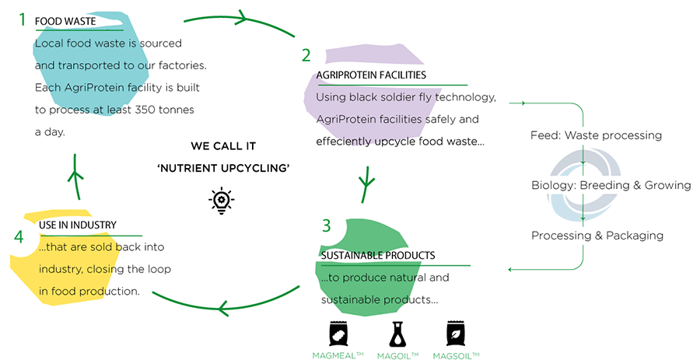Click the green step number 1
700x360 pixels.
(x=23, y=19)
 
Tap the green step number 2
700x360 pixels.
(x=306, y=55)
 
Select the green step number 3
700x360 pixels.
(x=327, y=226)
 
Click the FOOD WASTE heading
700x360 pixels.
(x=65, y=22)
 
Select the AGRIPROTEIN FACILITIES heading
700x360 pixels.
(x=371, y=75)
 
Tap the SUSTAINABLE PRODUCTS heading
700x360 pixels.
(x=377, y=255)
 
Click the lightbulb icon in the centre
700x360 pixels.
(x=222, y=200)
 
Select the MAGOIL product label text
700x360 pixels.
(x=397, y=355)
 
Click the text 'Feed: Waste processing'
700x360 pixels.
(x=596, y=135)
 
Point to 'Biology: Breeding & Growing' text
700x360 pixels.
(x=611, y=185)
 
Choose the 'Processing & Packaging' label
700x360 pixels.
(x=597, y=235)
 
